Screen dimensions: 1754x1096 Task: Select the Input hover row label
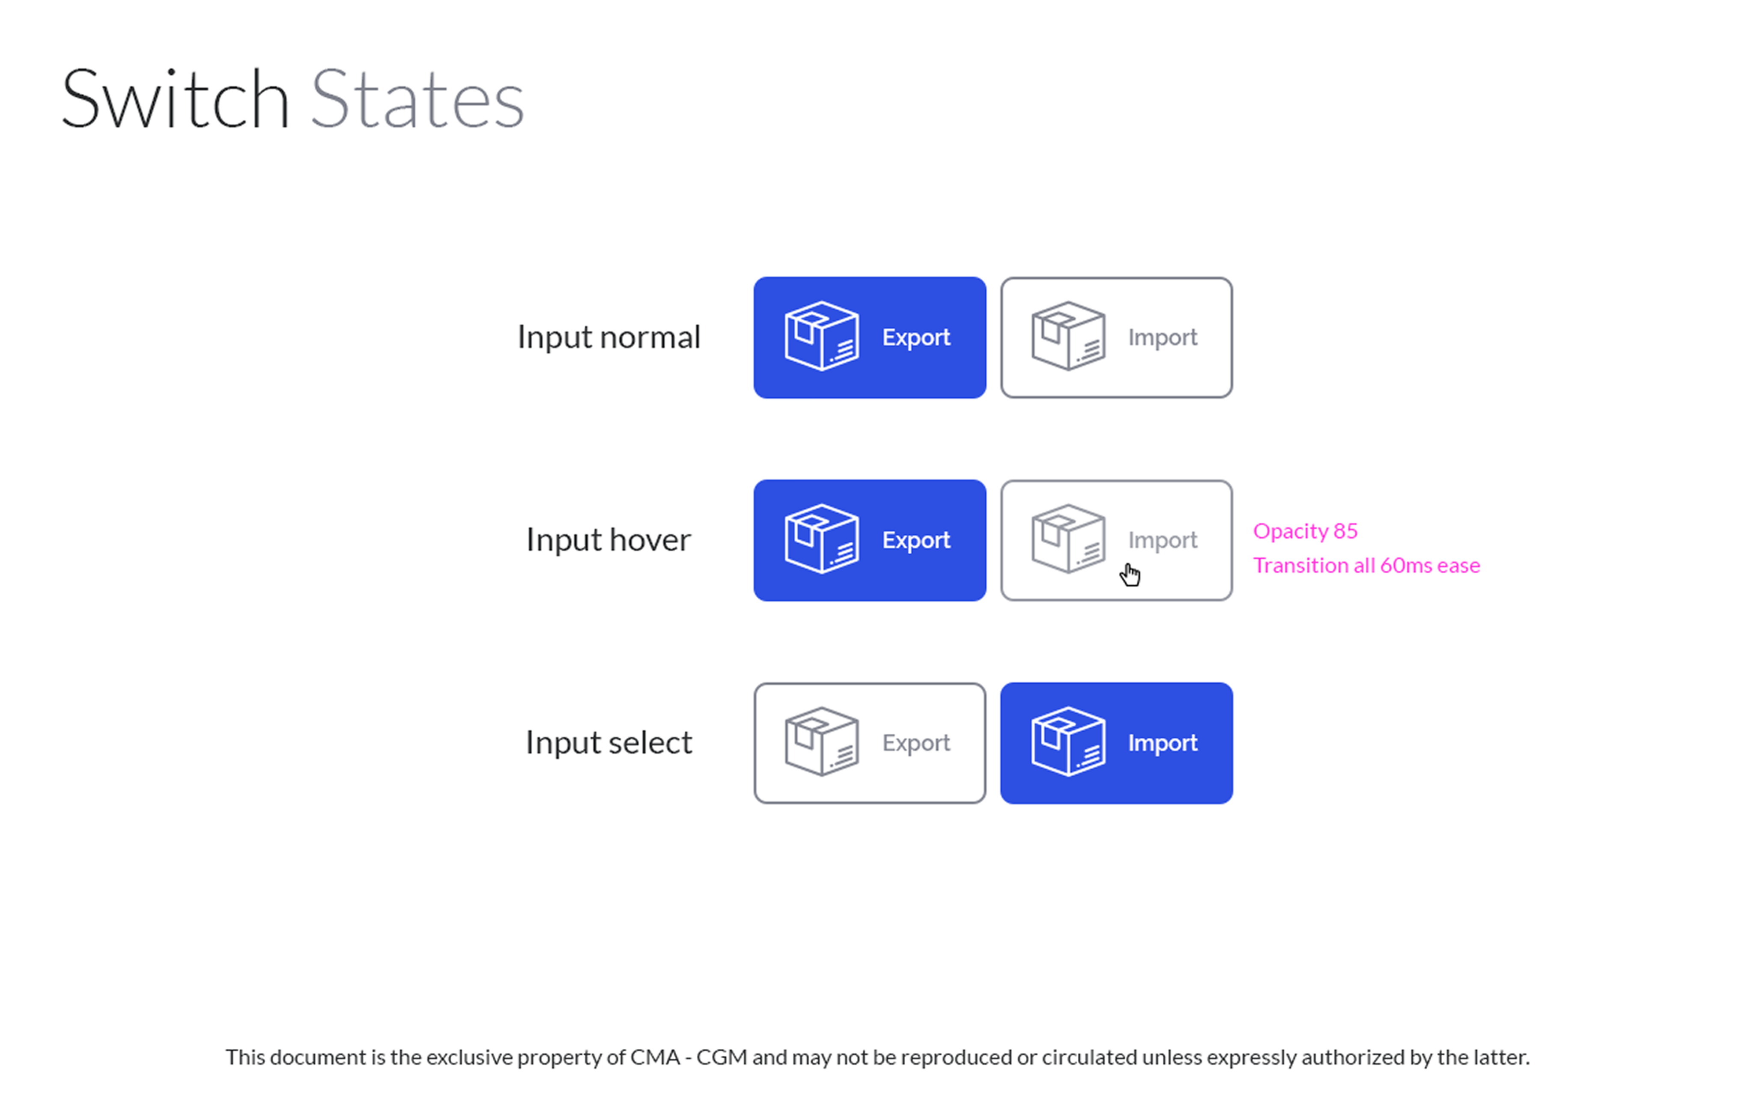pos(609,540)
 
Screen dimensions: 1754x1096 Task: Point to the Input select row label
pos(609,743)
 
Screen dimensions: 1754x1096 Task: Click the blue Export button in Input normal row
pos(870,338)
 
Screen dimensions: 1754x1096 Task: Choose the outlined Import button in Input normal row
pos(1116,338)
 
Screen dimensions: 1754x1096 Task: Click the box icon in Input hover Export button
pos(822,539)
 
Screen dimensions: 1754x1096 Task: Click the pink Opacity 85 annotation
pos(1305,531)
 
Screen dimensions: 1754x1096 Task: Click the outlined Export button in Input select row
pos(870,743)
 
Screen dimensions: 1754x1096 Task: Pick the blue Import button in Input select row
pos(1116,743)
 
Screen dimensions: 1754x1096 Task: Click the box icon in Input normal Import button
pos(1068,337)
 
